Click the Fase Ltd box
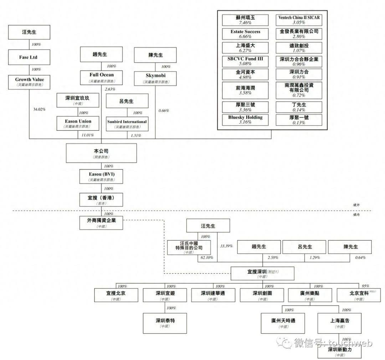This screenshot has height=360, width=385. coord(29,57)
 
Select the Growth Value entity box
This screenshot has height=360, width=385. coord(29,82)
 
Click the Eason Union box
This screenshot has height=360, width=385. coord(78,123)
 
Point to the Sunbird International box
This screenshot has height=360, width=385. coord(127,123)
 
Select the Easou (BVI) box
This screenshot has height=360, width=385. coord(101,176)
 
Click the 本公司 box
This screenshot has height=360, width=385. coord(101,153)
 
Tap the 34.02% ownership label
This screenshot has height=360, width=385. coord(39,109)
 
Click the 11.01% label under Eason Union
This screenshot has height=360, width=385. coord(85,135)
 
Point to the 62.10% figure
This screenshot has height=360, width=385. coord(205,257)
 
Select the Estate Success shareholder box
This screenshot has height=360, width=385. coord(245,34)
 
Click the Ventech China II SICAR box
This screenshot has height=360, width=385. coord(299,20)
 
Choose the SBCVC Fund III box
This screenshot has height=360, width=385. coord(245,61)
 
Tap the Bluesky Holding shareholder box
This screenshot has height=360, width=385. coord(245,120)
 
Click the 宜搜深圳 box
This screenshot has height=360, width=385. coord(262,273)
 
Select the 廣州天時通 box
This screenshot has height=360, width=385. coord(283,323)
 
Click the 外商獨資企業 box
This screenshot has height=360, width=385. coord(101,223)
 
